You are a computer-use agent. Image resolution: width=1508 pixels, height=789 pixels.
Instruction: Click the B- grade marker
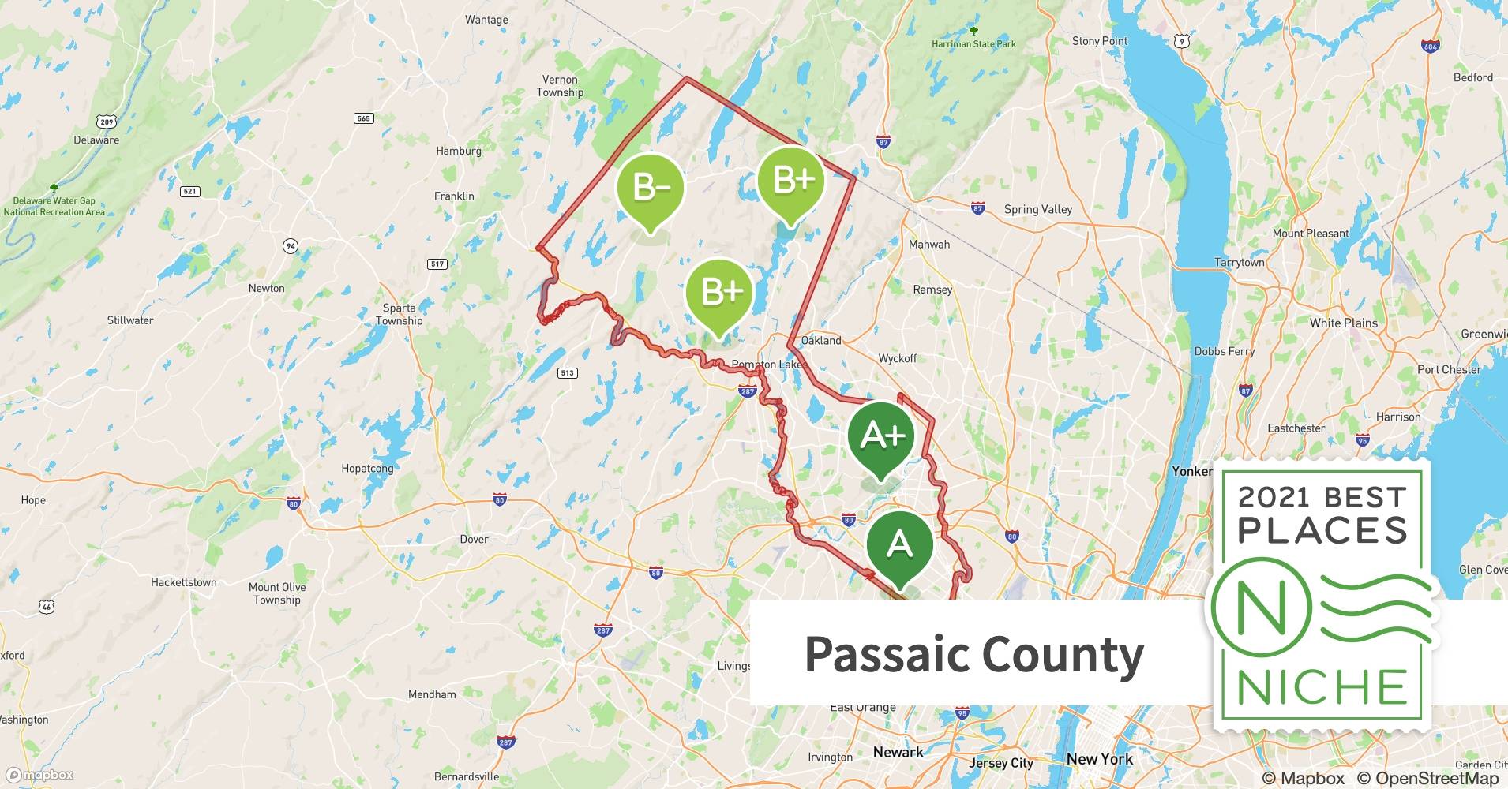click(650, 188)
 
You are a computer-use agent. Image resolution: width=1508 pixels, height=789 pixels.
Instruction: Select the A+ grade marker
click(881, 436)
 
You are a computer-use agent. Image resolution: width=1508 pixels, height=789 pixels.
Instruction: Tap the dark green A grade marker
click(899, 544)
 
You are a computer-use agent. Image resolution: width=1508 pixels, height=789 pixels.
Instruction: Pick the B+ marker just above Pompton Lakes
click(719, 292)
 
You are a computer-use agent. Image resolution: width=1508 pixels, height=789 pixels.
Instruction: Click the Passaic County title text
click(973, 655)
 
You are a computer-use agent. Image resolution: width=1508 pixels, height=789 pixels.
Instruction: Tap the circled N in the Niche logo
click(1261, 608)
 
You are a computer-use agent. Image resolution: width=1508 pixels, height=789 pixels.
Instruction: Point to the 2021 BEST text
click(1322, 497)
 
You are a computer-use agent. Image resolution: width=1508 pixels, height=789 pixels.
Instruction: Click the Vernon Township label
click(560, 86)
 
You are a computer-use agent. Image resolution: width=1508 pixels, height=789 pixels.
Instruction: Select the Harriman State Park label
click(973, 44)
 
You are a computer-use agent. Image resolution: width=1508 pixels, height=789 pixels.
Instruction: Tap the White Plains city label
click(1343, 323)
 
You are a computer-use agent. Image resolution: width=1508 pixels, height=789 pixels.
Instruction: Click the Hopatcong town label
click(367, 468)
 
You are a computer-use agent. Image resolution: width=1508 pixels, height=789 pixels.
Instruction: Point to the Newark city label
click(898, 752)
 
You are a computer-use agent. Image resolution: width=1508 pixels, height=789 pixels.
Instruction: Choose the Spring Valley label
click(1037, 209)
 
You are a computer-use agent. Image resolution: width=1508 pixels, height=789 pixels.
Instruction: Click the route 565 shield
click(363, 118)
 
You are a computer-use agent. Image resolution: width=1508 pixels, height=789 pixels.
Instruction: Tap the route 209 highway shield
click(107, 121)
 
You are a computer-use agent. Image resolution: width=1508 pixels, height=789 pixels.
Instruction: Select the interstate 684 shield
click(1430, 45)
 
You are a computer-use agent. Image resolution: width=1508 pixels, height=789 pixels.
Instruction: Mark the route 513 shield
click(567, 372)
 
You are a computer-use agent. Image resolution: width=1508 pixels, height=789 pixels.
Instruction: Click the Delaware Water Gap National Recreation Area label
click(54, 206)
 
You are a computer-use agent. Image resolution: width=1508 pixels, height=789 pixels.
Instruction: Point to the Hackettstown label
click(183, 582)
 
